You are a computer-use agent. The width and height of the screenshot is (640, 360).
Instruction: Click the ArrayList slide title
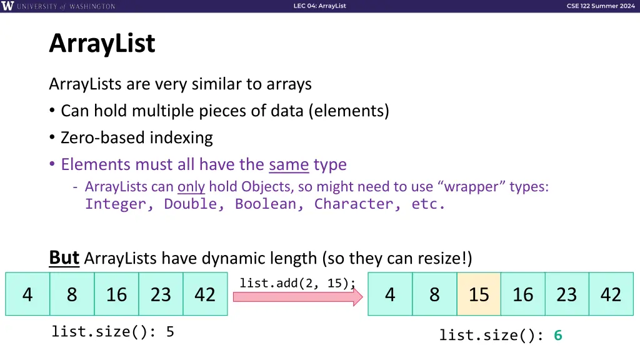pyautogui.click(x=102, y=44)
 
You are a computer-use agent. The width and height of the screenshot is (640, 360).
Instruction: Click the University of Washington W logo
pyautogui.click(x=7, y=6)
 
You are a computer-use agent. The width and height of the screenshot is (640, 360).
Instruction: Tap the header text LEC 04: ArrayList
pyautogui.click(x=319, y=6)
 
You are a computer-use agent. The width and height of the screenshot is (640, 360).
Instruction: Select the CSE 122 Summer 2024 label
pyautogui.click(x=600, y=6)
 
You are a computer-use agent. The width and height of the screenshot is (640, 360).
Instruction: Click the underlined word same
pyautogui.click(x=289, y=164)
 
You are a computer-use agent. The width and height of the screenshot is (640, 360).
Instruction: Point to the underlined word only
pyautogui.click(x=191, y=187)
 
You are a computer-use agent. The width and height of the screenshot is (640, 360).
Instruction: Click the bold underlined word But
pyautogui.click(x=64, y=257)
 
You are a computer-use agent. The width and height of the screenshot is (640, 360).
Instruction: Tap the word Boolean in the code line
pyautogui.click(x=270, y=204)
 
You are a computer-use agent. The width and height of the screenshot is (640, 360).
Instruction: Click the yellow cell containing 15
pyautogui.click(x=479, y=294)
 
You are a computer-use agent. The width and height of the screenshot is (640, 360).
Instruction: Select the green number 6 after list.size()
pyautogui.click(x=557, y=336)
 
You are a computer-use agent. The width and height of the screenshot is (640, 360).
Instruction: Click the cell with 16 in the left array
pyautogui.click(x=116, y=294)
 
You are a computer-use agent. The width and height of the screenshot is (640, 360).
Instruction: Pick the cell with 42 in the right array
pyautogui.click(x=611, y=294)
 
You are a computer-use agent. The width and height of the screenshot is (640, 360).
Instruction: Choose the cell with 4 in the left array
pyautogui.click(x=27, y=294)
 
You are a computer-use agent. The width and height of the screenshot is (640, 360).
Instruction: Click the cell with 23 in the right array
pyautogui.click(x=567, y=294)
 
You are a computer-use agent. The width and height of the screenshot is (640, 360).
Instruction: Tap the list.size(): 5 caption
pyautogui.click(x=112, y=332)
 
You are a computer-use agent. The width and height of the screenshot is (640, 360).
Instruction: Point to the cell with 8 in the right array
pyautogui.click(x=434, y=294)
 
